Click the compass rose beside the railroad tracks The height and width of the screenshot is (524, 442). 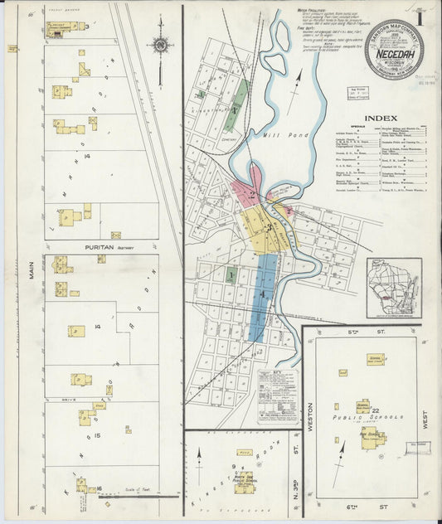pos(160,45)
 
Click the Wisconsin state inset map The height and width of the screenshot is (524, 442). pos(393,288)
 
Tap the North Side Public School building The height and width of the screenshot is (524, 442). pos(244,480)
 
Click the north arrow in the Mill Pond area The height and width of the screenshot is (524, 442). pos(297,81)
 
